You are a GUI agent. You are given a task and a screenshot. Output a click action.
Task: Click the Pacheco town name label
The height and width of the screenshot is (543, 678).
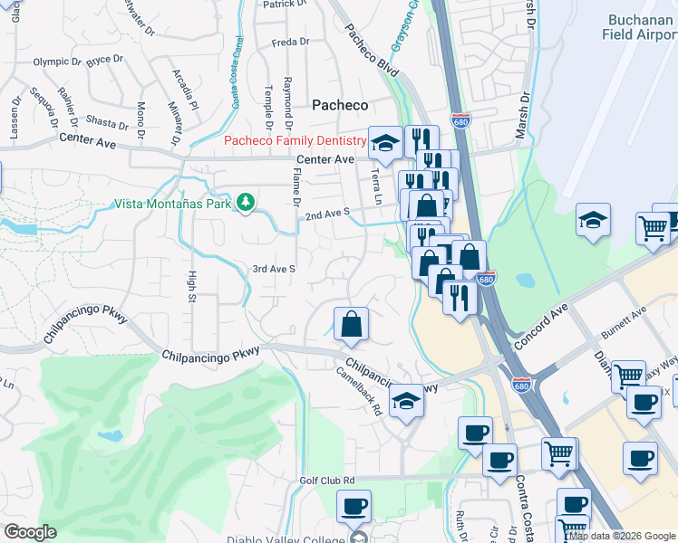coord(340,105)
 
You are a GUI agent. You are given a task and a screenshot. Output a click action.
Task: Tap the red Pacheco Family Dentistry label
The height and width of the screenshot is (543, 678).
coord(295,140)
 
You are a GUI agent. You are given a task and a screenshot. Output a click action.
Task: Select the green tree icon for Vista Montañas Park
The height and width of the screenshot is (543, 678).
coord(245,203)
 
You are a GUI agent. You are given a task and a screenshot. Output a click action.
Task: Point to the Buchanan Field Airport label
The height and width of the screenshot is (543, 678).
coord(639,26)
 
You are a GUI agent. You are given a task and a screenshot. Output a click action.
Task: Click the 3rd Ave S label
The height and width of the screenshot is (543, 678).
coord(273,269)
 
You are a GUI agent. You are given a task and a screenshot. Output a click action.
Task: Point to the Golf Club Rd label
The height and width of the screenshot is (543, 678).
coord(327,481)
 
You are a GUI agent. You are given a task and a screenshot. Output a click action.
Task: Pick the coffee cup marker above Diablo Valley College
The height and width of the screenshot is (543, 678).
coord(354,505)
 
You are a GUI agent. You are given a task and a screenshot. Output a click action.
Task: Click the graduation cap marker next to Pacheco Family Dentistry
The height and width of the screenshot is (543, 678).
coord(385,142)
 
